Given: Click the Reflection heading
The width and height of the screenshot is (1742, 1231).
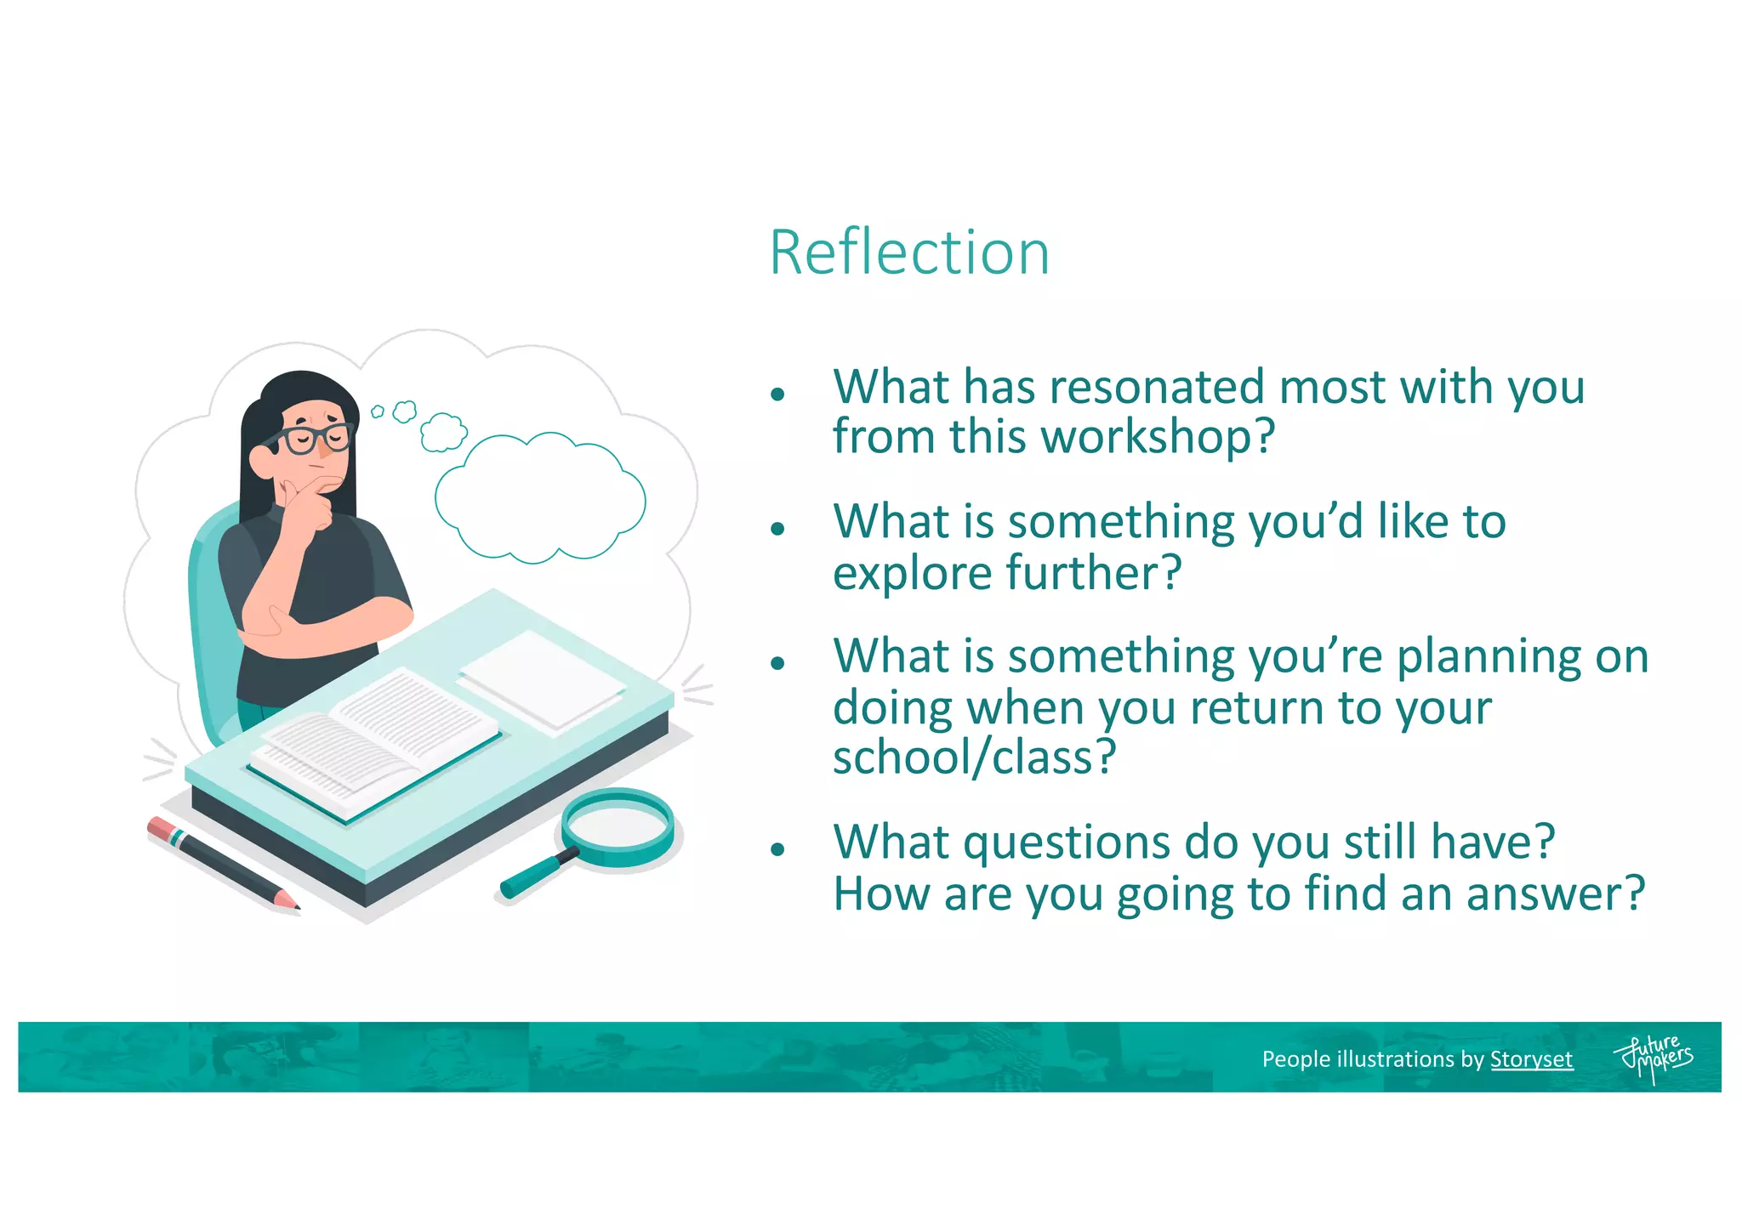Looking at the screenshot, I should tap(908, 252).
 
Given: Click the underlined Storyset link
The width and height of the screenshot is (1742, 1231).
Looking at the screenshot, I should tap(1531, 1059).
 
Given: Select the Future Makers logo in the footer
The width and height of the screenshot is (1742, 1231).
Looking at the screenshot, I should tap(1653, 1058).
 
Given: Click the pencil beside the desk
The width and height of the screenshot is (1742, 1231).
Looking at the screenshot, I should tap(223, 863).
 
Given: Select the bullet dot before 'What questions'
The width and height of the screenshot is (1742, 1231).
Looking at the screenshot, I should tap(777, 849).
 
